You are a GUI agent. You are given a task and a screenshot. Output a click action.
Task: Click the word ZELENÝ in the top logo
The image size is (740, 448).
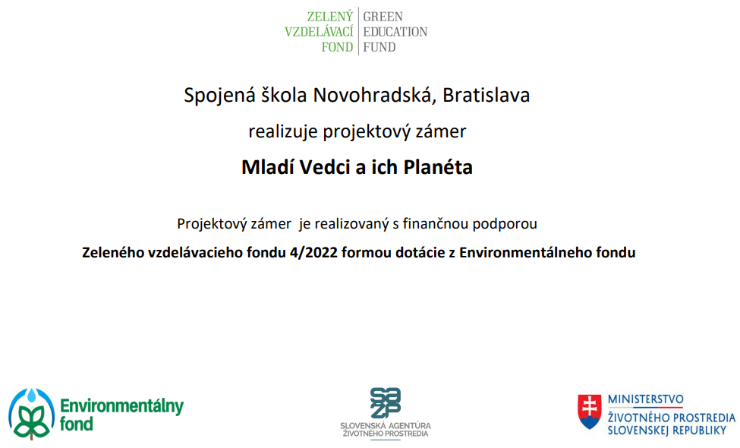(330, 16)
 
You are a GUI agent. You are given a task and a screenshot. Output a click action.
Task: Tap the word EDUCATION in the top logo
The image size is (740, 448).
(395, 32)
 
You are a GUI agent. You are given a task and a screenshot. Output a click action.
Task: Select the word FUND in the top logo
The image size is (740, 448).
(379, 47)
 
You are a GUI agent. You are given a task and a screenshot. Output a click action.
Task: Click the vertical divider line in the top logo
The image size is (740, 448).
(358, 31)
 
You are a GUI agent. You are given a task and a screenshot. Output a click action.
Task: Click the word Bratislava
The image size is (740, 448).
(486, 95)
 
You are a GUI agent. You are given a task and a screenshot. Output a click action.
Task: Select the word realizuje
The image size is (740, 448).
(283, 131)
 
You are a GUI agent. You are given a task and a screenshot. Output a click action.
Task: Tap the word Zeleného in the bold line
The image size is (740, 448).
(113, 253)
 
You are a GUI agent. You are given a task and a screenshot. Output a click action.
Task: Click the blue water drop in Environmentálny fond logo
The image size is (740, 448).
(32, 396)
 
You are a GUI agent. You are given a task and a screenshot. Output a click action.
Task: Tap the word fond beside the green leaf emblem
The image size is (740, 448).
(76, 424)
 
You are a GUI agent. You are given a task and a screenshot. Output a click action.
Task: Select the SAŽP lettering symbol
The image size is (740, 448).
(386, 402)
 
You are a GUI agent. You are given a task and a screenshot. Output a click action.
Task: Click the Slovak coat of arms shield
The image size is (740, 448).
(590, 412)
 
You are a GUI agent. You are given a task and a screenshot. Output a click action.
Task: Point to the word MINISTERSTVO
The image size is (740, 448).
(646, 399)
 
